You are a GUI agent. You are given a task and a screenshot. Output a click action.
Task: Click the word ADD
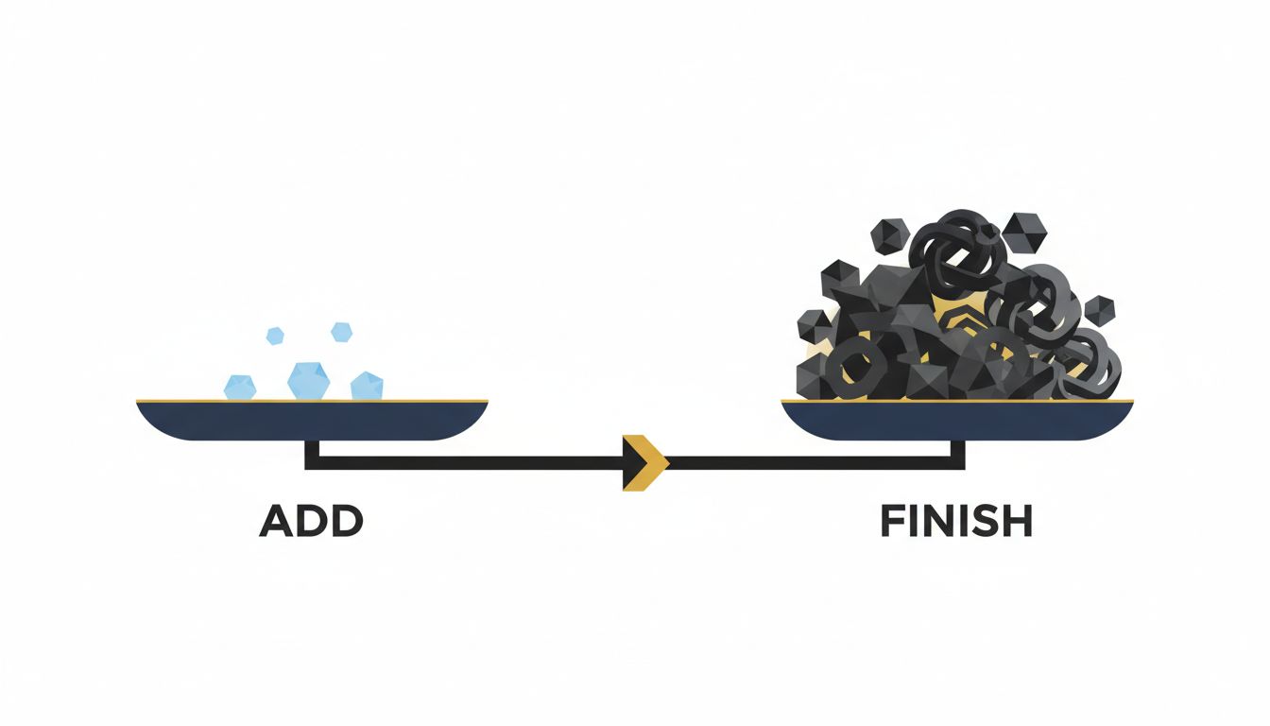(x=311, y=521)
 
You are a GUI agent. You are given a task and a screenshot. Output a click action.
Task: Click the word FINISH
(x=956, y=521)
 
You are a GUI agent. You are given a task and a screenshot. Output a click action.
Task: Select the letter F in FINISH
(x=892, y=521)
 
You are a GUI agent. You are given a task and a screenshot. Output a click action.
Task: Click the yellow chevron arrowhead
(x=645, y=463)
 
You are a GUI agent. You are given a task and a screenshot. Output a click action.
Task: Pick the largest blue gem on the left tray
(x=308, y=380)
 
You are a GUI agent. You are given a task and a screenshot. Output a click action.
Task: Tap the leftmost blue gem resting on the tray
(x=240, y=387)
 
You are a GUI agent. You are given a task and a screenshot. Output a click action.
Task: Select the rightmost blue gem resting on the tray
(x=367, y=386)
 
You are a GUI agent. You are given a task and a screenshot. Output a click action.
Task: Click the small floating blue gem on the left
(x=275, y=336)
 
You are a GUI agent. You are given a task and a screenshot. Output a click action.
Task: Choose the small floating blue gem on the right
(x=341, y=332)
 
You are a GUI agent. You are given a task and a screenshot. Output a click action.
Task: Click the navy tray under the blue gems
(x=312, y=421)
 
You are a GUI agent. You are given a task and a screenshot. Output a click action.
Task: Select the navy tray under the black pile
(x=957, y=421)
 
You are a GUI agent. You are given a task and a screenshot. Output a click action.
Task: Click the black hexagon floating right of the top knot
(x=1024, y=234)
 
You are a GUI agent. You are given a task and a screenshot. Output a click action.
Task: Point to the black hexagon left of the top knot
(x=891, y=235)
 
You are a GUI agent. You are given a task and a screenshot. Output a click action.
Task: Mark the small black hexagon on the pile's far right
(x=1099, y=311)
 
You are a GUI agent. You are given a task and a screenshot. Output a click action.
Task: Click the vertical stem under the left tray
(x=312, y=455)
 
